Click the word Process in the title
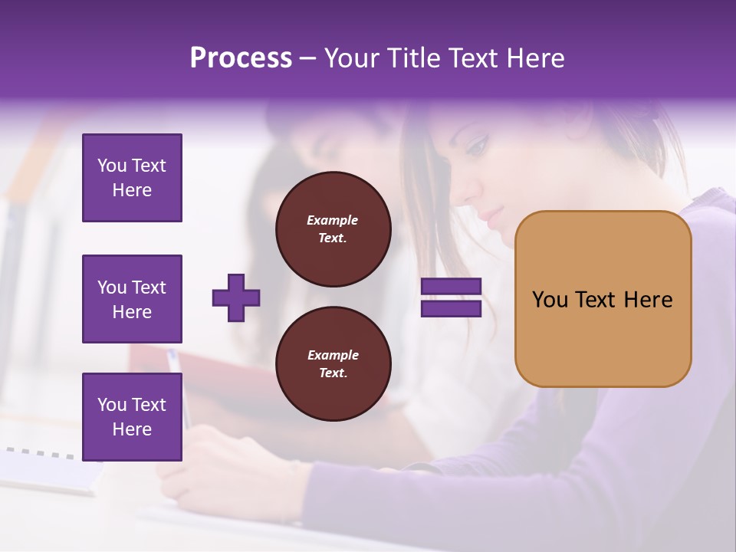point(241,58)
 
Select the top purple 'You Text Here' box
point(132,178)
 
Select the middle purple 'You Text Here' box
point(132,299)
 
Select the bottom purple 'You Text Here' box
point(132,417)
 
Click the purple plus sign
point(236,297)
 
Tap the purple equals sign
point(452,297)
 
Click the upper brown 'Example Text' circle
point(333,229)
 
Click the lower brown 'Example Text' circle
point(333,364)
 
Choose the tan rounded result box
point(603,299)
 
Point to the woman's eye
point(477,144)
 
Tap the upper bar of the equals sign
point(452,287)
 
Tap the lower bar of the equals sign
point(452,308)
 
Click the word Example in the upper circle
point(333,220)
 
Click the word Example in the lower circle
point(333,355)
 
